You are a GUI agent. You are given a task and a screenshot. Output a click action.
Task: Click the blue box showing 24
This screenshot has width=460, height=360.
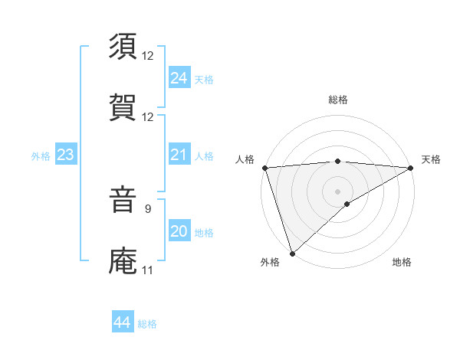179,78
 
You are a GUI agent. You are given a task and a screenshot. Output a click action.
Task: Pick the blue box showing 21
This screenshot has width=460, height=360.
179,155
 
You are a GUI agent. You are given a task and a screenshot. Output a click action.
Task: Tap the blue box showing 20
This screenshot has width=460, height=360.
179,231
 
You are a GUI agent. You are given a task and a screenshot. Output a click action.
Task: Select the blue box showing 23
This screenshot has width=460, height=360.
65,155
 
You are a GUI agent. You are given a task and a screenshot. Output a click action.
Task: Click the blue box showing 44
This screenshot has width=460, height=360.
122,322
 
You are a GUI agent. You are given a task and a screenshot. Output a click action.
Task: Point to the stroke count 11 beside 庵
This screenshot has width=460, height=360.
147,270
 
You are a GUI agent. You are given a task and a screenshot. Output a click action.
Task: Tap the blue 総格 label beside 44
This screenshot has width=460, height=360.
147,324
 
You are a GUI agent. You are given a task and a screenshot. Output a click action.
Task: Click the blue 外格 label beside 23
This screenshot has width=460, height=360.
41,156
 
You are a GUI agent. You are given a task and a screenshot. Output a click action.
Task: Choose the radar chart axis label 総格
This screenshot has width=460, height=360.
338,100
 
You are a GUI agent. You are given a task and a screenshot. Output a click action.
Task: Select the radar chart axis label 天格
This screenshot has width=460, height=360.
431,159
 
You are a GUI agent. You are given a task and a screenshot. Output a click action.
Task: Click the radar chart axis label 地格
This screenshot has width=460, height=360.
402,262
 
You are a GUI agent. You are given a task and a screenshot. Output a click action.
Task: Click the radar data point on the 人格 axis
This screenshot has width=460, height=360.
264,168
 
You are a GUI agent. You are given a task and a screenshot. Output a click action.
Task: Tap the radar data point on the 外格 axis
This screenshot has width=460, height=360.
292,253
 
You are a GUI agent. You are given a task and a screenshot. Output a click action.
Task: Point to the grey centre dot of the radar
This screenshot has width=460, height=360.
338,191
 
